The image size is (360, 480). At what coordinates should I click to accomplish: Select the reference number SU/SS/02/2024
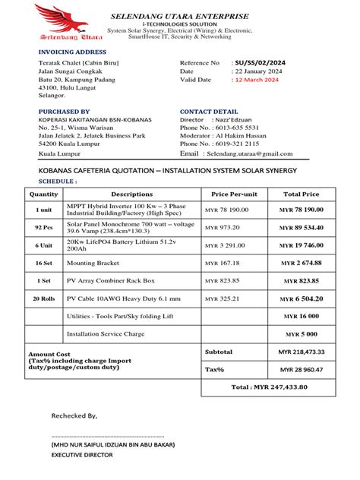click(x=261, y=62)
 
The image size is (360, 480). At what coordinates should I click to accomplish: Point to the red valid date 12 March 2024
click(x=257, y=80)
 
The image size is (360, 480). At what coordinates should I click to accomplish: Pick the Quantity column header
click(x=44, y=194)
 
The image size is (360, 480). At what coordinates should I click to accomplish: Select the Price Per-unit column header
click(x=234, y=194)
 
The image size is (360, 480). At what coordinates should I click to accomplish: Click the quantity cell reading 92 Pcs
click(x=44, y=227)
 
